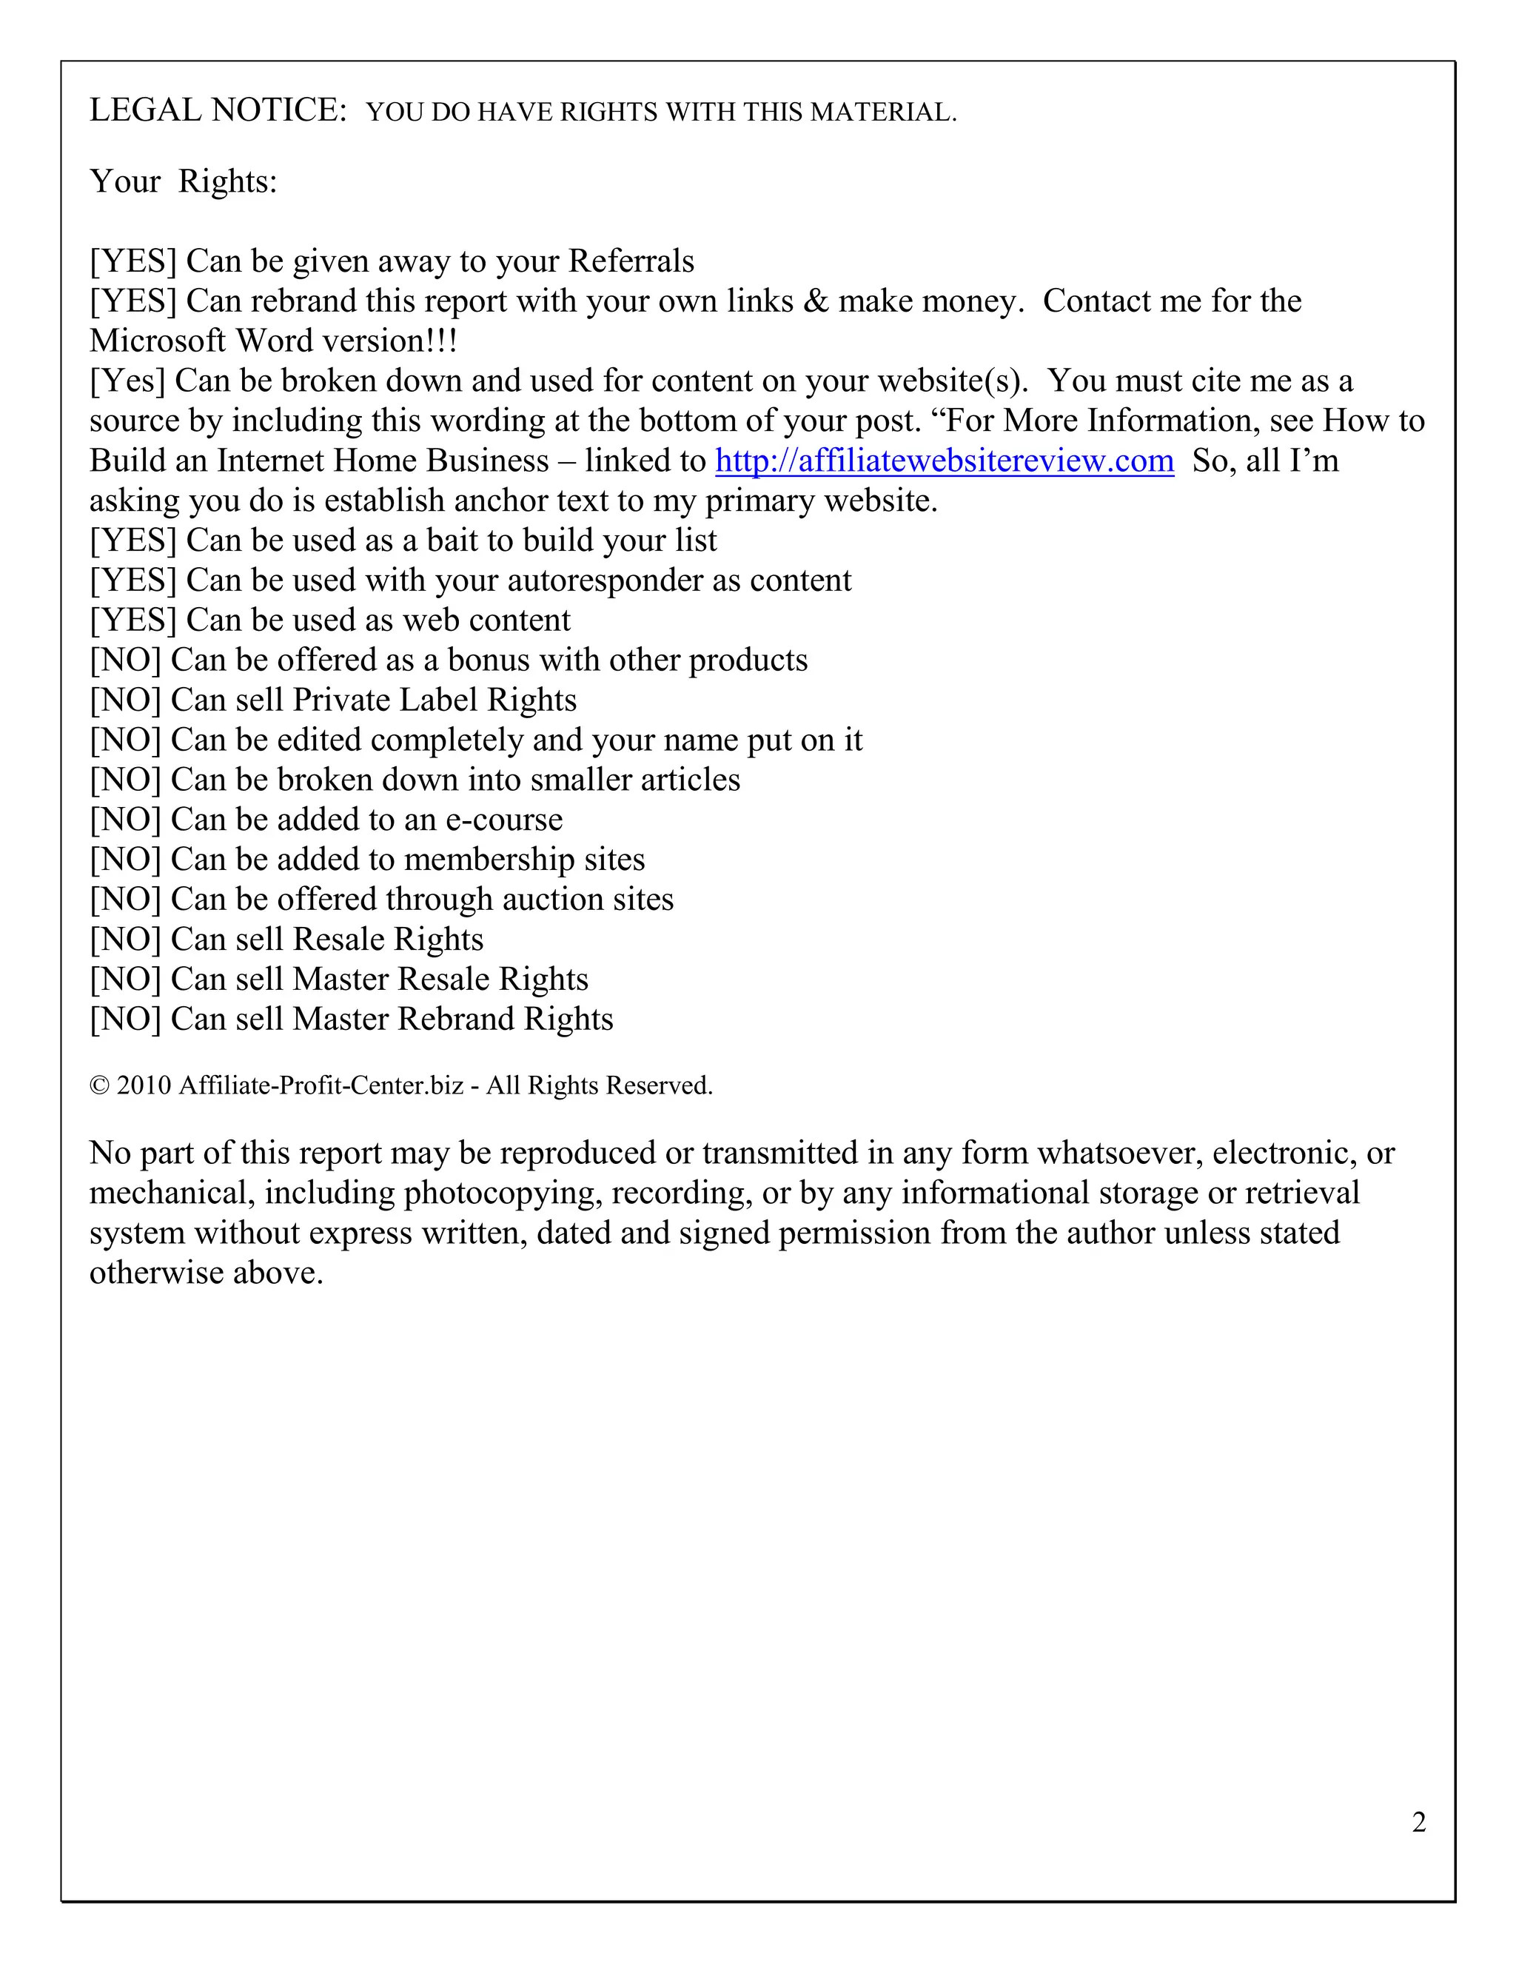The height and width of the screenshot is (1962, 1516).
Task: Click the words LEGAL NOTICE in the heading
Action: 218,110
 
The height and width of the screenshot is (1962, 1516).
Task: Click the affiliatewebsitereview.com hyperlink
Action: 944,461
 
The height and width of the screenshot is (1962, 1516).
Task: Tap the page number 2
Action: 1419,1822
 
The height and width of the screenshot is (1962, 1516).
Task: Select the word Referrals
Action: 631,261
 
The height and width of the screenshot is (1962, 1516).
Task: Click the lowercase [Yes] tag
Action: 127,381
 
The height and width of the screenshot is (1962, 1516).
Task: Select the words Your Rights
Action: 184,181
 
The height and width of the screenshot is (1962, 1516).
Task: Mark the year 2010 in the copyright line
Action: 144,1086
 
